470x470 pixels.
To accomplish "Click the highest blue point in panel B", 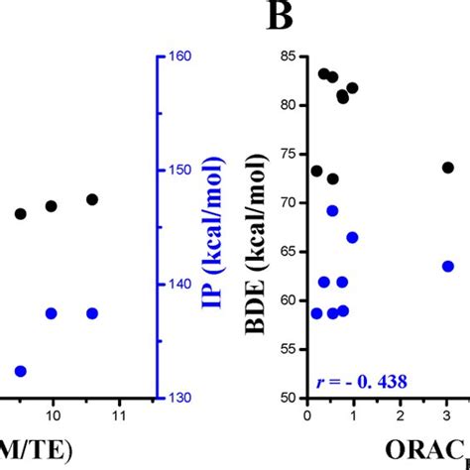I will tap(332, 210).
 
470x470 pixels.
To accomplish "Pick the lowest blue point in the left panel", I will tap(20, 371).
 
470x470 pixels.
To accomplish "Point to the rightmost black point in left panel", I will tap(92, 199).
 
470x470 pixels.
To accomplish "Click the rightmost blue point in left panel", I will tap(92, 313).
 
